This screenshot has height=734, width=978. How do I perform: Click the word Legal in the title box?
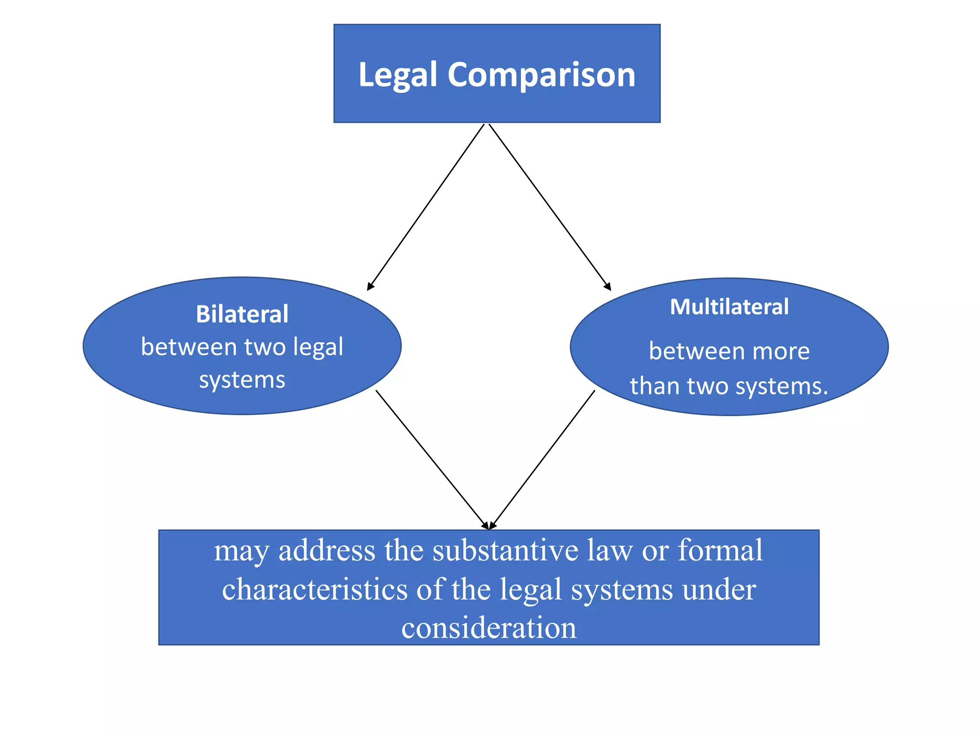[x=398, y=76]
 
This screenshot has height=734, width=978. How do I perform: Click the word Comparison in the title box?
[x=541, y=76]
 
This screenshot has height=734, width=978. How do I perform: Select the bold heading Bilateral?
[x=242, y=314]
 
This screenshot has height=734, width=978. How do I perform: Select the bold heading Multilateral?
[x=729, y=307]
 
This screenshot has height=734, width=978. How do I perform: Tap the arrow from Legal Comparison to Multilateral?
[x=550, y=206]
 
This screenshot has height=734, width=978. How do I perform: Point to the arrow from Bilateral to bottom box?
[x=432, y=459]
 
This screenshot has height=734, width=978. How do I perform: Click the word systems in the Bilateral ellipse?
[x=242, y=380]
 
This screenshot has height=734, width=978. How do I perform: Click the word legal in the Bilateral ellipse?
[x=318, y=347]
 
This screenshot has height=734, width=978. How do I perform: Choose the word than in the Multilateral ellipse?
[x=654, y=386]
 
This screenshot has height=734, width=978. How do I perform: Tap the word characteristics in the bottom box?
[x=315, y=589]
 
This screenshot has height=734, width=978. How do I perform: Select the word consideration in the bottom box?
[x=489, y=627]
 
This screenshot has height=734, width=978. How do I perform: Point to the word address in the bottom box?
[x=327, y=550]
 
